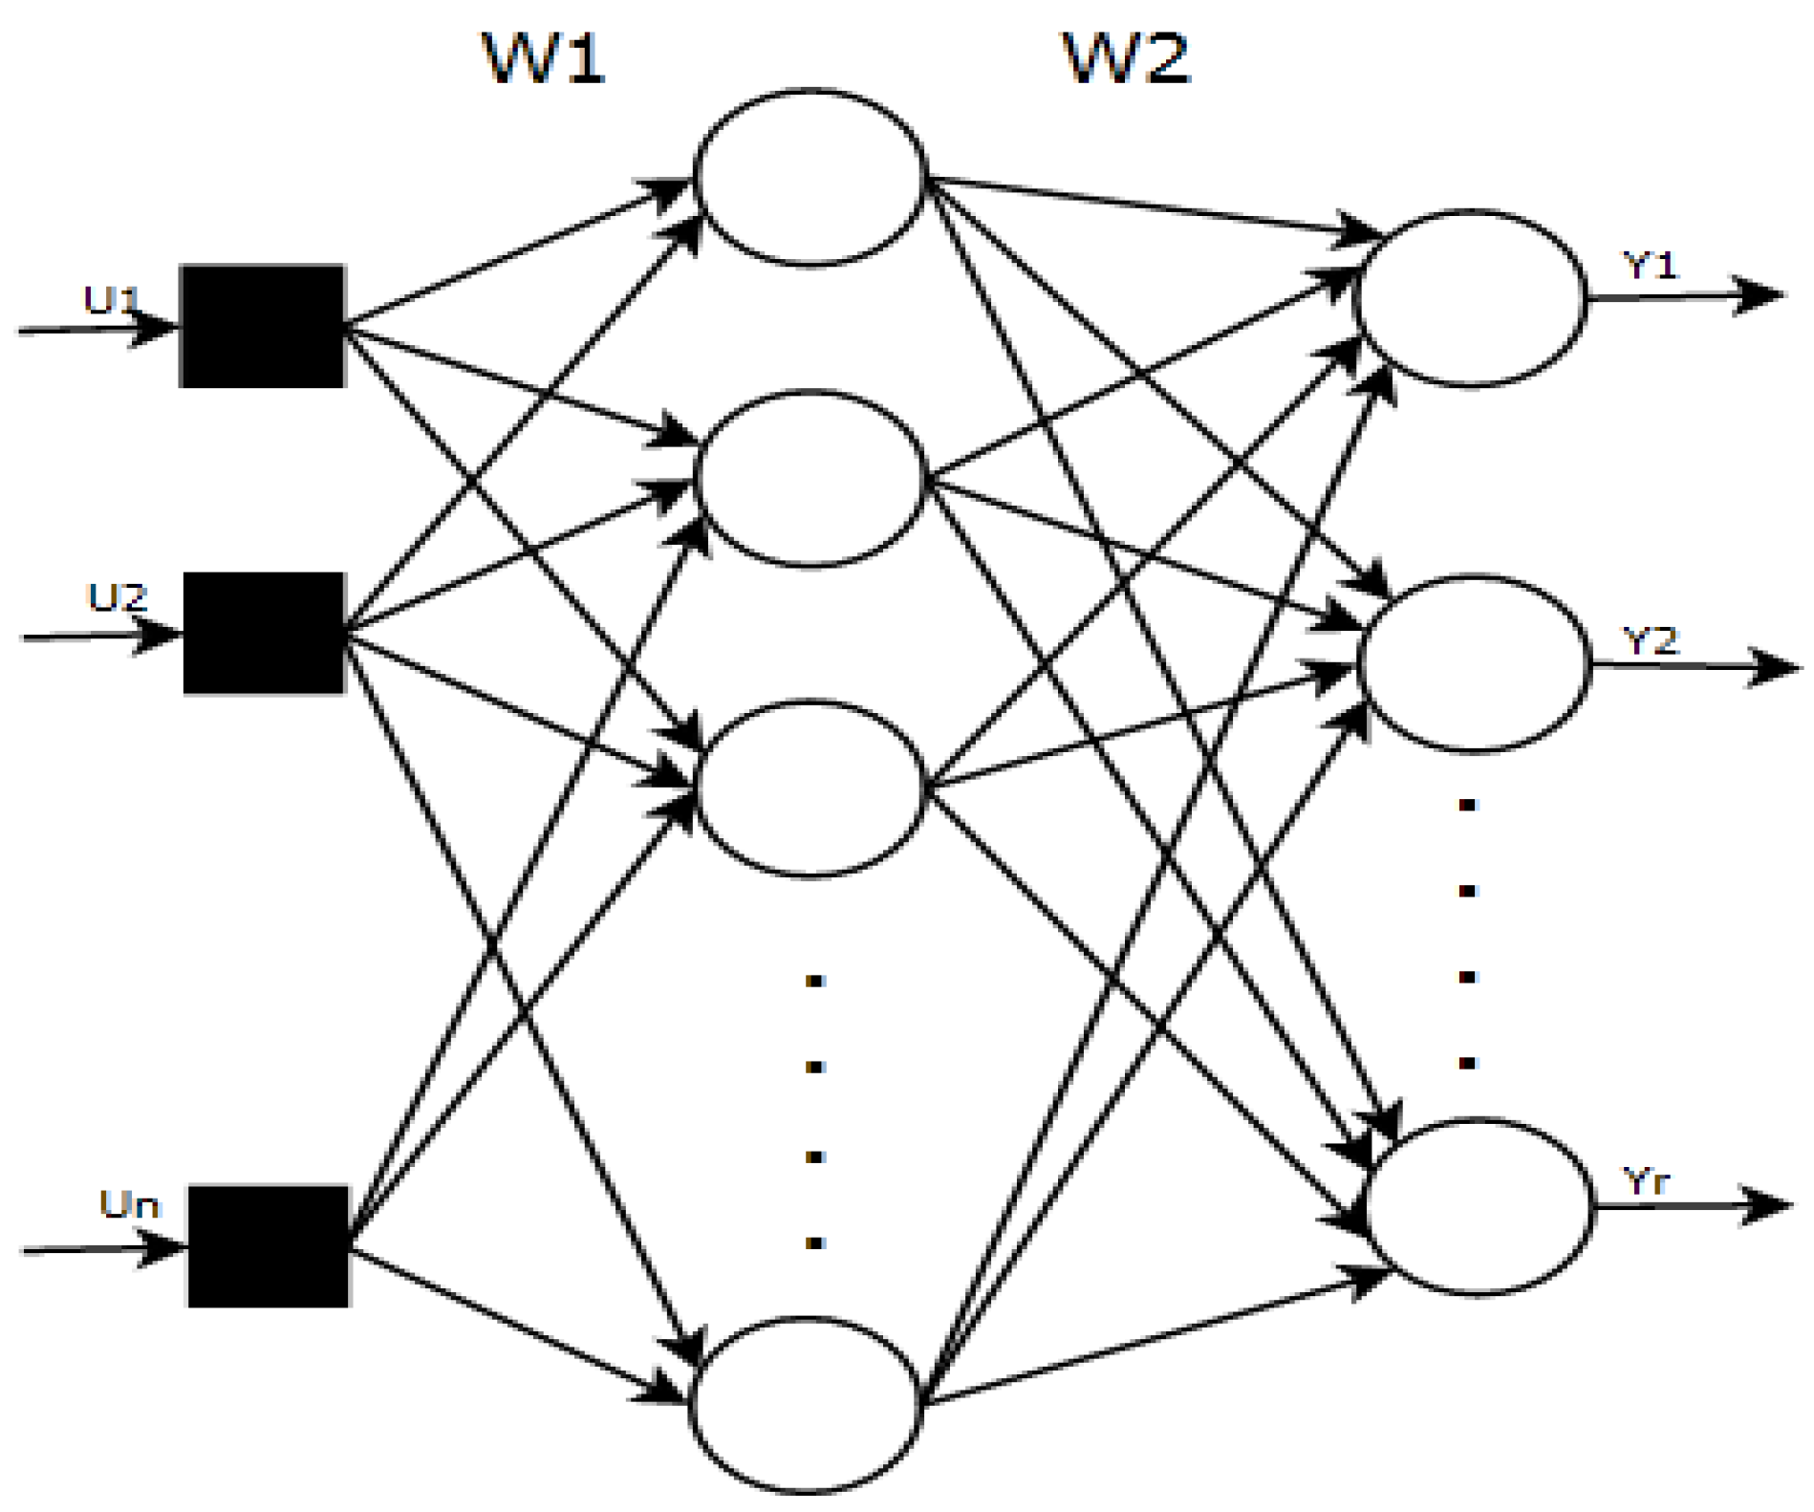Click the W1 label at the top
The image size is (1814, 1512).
click(x=544, y=58)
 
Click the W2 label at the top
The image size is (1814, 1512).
click(x=1127, y=58)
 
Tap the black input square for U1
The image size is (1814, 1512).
click(x=262, y=326)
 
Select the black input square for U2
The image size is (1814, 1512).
click(x=264, y=633)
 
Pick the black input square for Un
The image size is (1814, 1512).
click(x=269, y=1246)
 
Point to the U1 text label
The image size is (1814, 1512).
click(x=112, y=300)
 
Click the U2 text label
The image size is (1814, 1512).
click(x=118, y=598)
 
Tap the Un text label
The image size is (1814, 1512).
click(x=129, y=1204)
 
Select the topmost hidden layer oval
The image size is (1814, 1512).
click(x=810, y=178)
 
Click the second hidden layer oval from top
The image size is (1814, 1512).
click(x=810, y=479)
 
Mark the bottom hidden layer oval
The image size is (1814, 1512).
click(x=806, y=1404)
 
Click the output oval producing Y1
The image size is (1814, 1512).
click(x=1471, y=298)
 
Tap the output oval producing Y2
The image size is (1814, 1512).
click(x=1475, y=663)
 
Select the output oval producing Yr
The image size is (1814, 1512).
click(x=1479, y=1206)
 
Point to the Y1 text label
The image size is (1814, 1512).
click(x=1651, y=265)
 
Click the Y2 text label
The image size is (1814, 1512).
click(x=1651, y=639)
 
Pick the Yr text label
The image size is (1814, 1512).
click(x=1646, y=1182)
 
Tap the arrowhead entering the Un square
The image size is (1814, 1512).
click(x=162, y=1247)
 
